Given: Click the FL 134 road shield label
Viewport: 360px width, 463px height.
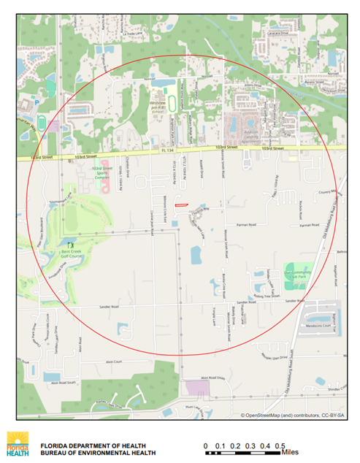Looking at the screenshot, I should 166,150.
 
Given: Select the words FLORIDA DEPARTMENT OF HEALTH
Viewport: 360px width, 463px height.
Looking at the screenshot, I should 93,445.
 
